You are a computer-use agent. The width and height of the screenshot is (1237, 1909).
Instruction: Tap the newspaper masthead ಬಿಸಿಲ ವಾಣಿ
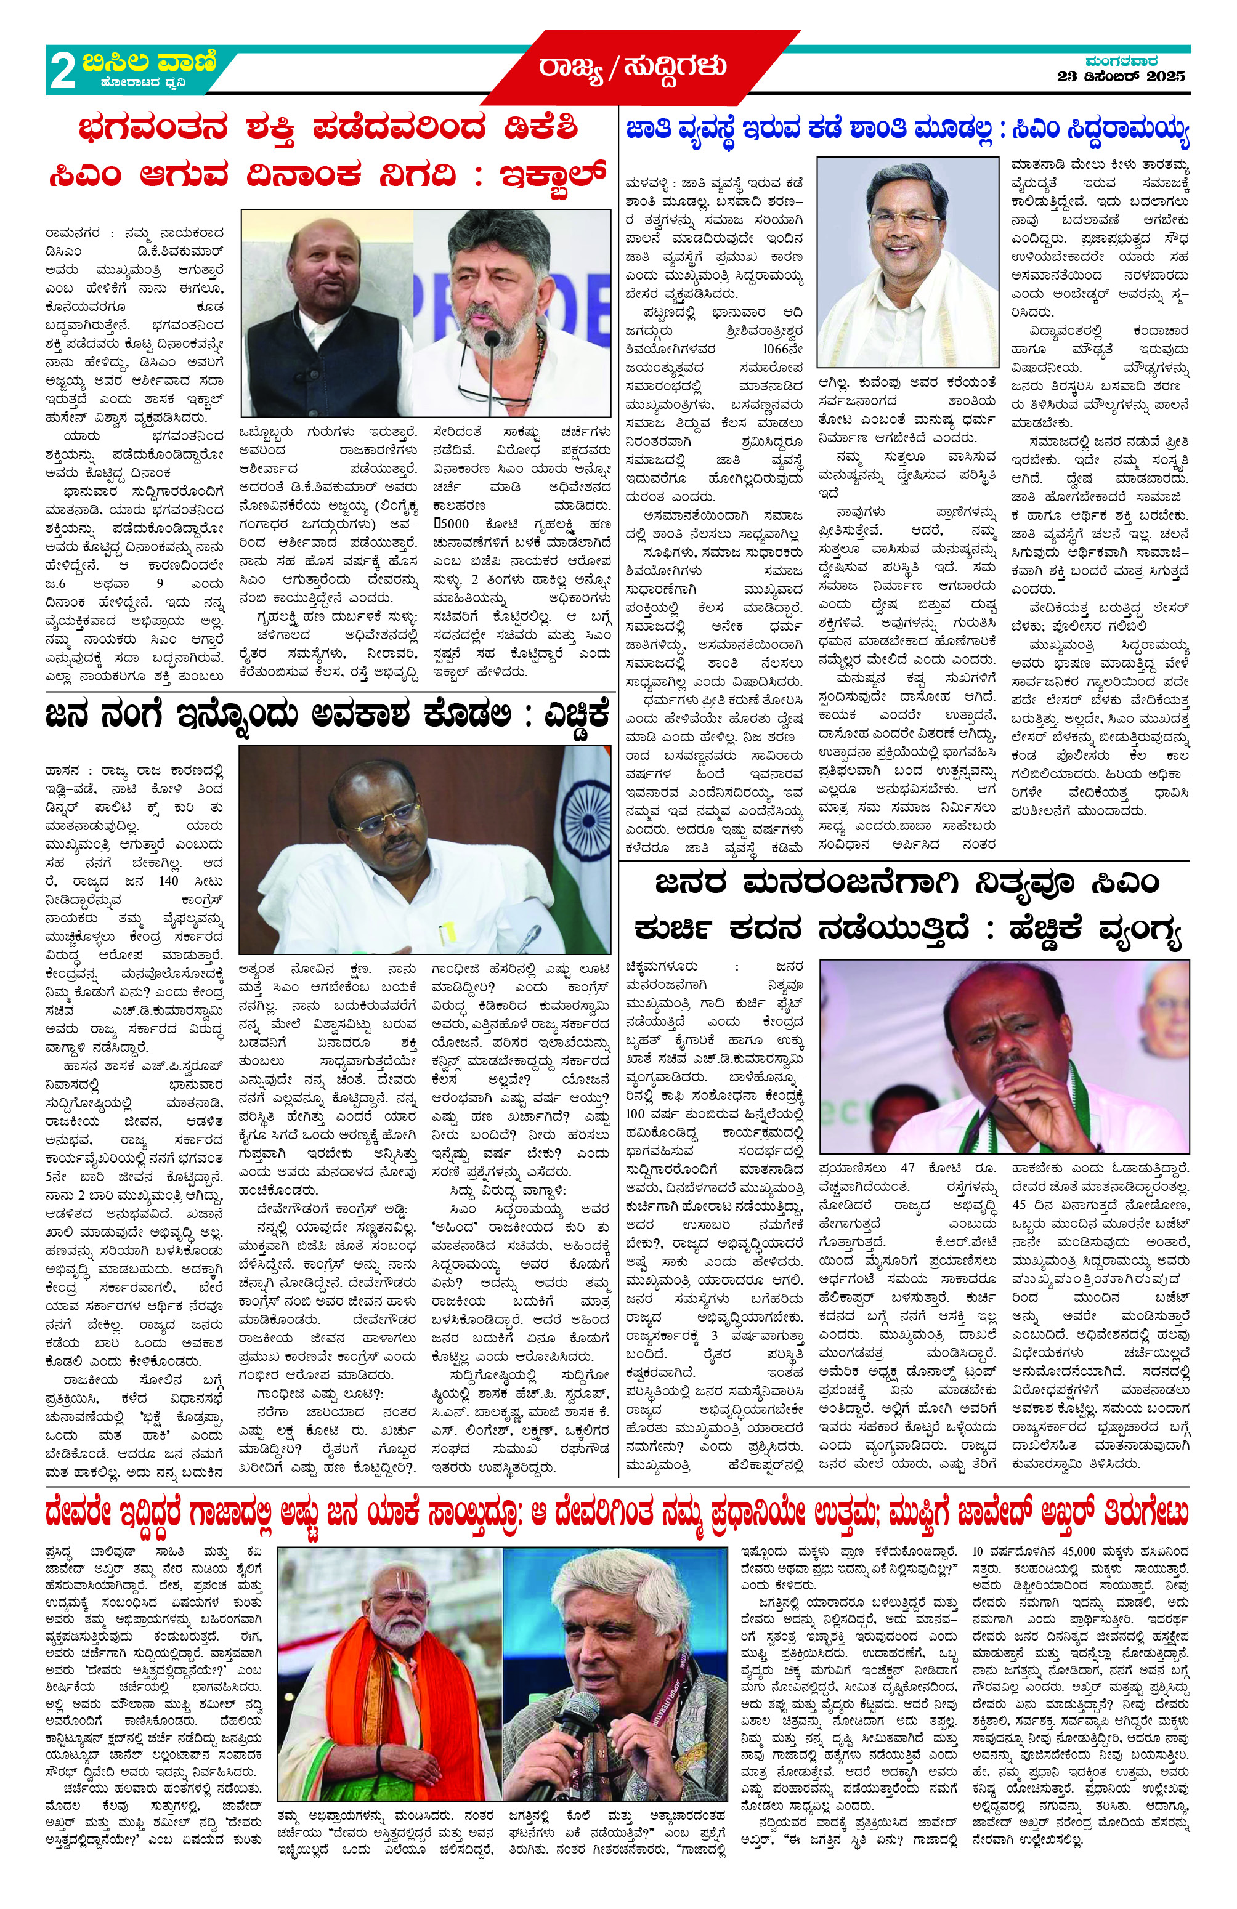click(x=148, y=62)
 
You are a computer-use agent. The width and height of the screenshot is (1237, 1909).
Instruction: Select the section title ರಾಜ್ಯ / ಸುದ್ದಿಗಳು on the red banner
click(x=633, y=67)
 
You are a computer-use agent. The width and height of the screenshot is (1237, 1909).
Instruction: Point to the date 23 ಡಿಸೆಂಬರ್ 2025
click(x=1121, y=78)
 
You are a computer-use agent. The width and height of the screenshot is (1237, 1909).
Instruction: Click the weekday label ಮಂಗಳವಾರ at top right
click(x=1121, y=61)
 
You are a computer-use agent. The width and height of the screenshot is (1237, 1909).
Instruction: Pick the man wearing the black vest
click(x=325, y=321)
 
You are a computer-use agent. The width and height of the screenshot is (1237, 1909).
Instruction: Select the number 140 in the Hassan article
click(x=168, y=881)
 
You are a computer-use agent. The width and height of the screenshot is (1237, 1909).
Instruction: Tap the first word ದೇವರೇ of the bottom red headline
click(x=80, y=1513)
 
